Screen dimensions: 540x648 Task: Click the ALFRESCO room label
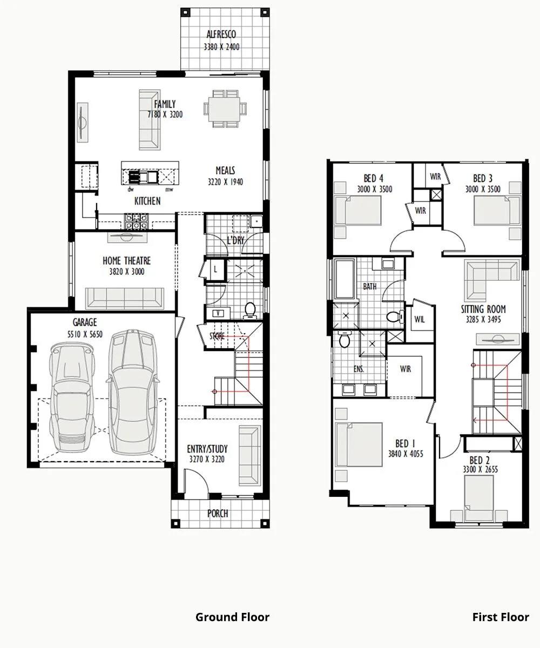[221, 34]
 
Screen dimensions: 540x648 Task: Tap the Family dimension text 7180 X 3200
[165, 114]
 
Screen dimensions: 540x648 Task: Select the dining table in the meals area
[225, 109]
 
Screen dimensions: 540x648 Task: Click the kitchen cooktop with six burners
[136, 221]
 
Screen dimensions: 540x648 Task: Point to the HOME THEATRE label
[126, 261]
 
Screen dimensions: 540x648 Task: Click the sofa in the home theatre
[125, 299]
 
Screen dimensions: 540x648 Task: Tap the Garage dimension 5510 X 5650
[85, 334]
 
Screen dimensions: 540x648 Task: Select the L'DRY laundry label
[235, 240]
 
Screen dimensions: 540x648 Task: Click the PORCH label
[218, 514]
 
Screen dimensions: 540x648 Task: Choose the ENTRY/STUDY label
[207, 449]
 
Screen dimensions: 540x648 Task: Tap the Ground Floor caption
[232, 617]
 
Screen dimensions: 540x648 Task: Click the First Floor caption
[501, 617]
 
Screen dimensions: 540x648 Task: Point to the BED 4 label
[374, 178]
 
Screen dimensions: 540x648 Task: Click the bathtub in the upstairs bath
[345, 279]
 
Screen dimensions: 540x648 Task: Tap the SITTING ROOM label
[483, 309]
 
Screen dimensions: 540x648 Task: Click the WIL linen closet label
[420, 319]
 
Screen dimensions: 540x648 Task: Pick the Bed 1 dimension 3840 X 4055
[406, 454]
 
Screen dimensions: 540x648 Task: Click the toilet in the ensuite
[344, 339]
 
